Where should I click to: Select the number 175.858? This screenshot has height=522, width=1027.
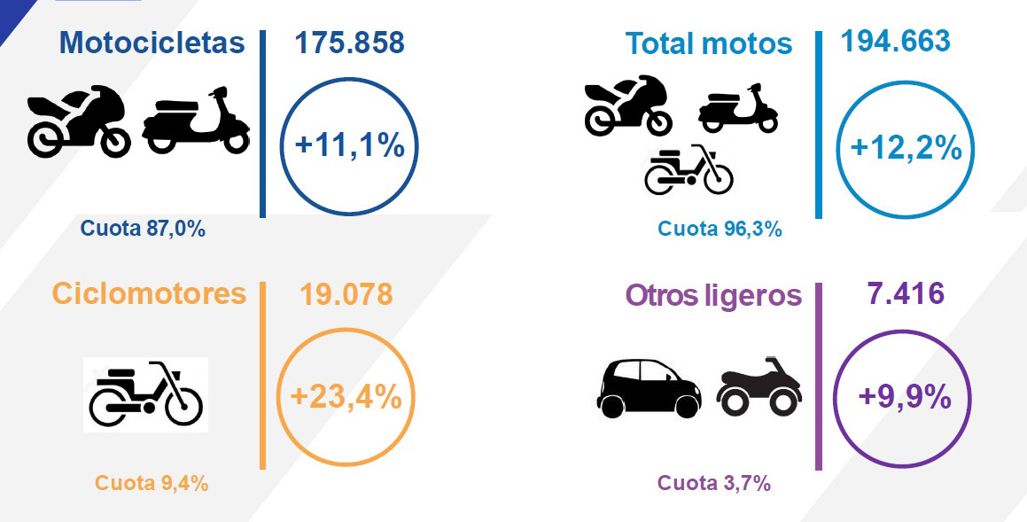[x=349, y=42]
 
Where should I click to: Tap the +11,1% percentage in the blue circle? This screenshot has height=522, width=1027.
[x=349, y=145]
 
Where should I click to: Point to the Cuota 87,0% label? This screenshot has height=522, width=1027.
[x=143, y=229]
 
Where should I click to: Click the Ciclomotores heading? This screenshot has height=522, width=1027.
[x=149, y=292]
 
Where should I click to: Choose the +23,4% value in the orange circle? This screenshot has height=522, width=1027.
[x=346, y=397]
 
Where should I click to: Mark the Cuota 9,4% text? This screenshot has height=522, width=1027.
[x=152, y=483]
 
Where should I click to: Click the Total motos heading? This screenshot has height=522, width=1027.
[x=709, y=43]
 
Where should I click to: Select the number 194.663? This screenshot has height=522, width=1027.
[x=895, y=40]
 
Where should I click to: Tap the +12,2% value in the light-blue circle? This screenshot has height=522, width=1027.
[x=906, y=148]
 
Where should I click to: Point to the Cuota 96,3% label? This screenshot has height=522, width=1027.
[x=720, y=229]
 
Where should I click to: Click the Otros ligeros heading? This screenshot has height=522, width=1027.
[x=713, y=295]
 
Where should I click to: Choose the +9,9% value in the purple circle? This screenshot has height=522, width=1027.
[x=905, y=397]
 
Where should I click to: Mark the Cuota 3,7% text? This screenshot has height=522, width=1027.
[x=713, y=483]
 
